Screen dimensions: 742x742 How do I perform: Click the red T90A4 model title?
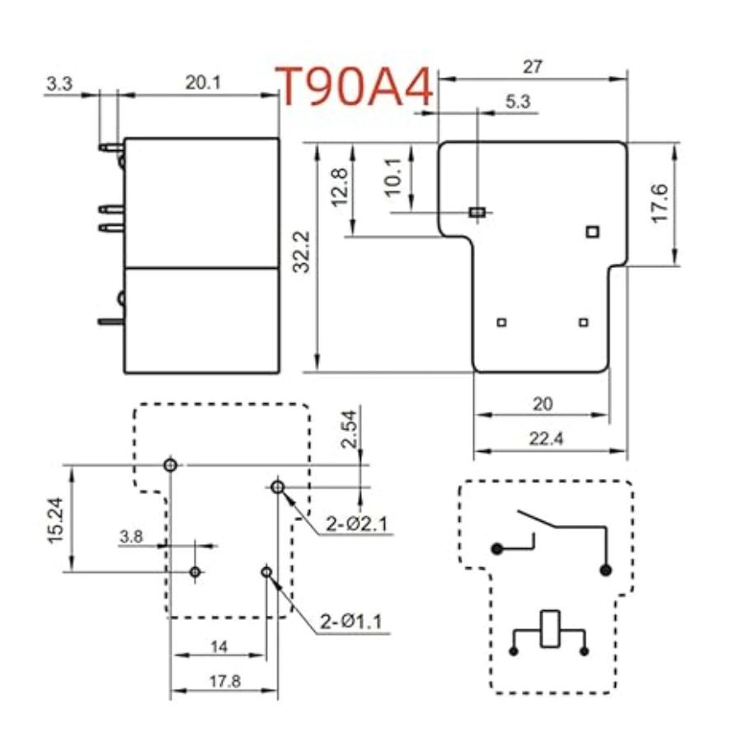(354, 87)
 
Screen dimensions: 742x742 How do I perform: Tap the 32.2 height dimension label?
(301, 251)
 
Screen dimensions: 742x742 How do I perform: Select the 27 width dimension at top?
(532, 67)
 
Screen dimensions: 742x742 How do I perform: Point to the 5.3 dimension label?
(518, 101)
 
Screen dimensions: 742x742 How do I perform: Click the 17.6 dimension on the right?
(660, 203)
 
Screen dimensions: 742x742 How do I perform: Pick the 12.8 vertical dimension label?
(340, 187)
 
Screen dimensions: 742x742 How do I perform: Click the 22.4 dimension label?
(546, 439)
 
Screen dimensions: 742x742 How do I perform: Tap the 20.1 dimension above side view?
(203, 82)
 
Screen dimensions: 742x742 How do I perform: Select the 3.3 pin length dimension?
(59, 84)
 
